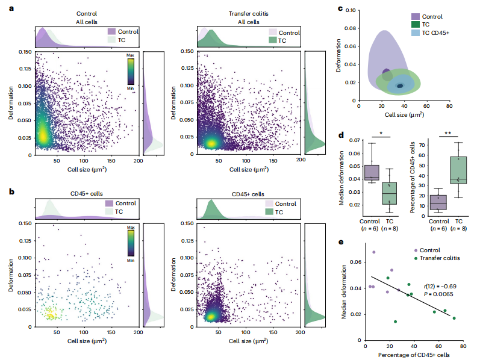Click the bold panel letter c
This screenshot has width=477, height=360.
point(340,9)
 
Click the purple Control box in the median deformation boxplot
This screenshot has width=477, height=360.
point(372,172)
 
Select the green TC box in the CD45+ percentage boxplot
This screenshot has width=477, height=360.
point(458,170)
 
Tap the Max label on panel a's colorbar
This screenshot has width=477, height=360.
point(129,55)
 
